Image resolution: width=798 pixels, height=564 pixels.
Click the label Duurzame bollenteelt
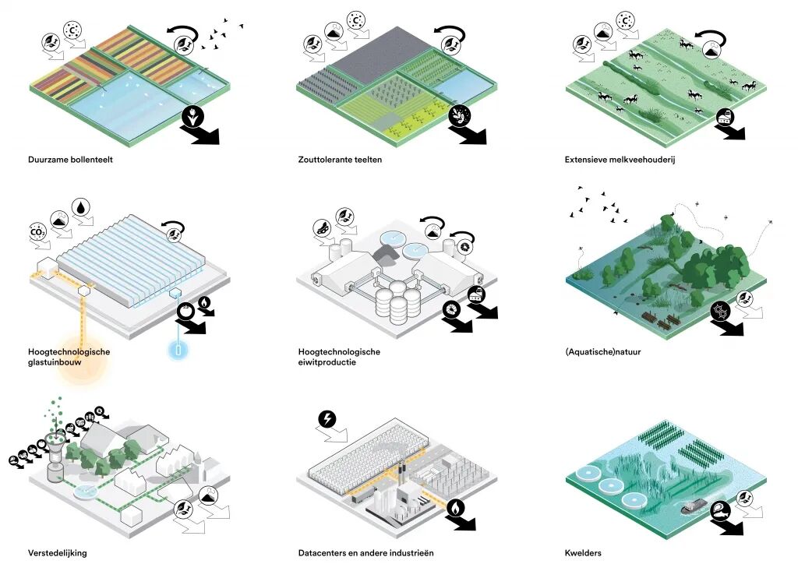click(x=69, y=160)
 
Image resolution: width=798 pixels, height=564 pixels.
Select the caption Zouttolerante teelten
click(x=340, y=160)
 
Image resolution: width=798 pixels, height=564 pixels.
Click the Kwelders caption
click(x=583, y=553)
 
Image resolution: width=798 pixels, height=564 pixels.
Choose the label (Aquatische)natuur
click(x=603, y=352)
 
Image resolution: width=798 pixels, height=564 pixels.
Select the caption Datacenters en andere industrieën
click(x=365, y=553)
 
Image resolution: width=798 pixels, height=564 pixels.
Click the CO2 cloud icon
click(x=37, y=231)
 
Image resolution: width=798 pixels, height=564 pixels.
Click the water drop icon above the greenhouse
click(x=82, y=207)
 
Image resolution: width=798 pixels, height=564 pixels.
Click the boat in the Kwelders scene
click(x=694, y=506)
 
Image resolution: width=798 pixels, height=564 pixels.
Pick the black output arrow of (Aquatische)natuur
click(x=730, y=326)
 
